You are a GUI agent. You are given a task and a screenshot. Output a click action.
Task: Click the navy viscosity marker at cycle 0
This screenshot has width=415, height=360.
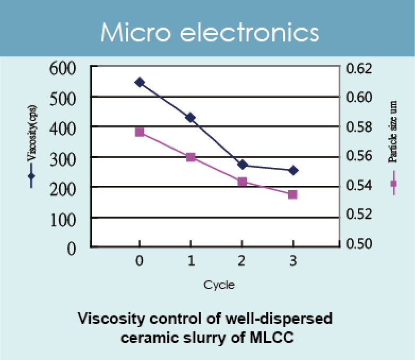pos(140,82)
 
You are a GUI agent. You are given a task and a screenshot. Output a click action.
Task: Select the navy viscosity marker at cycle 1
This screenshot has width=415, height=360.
pos(191,117)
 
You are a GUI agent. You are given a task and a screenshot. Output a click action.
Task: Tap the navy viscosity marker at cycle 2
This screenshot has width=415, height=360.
pos(242,165)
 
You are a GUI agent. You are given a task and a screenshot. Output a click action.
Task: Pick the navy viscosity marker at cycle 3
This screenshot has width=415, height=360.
pos(293,170)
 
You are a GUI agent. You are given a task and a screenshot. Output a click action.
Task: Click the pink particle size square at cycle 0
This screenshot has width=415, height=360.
pos(140,132)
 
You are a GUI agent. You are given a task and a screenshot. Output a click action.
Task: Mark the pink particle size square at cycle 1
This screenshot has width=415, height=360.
pos(191,157)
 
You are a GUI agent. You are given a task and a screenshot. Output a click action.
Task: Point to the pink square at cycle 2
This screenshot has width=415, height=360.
pos(242,182)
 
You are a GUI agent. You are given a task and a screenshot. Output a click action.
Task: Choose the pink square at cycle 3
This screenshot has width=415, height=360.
pos(293,194)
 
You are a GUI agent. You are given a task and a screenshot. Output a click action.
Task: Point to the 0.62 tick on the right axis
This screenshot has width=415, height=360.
pos(361,68)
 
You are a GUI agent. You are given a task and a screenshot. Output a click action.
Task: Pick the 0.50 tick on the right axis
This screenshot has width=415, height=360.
pos(361,244)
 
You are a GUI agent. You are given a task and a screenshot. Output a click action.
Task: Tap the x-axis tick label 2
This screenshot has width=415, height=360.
pos(242,262)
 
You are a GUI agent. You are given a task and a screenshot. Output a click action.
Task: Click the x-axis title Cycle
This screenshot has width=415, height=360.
pos(219,285)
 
